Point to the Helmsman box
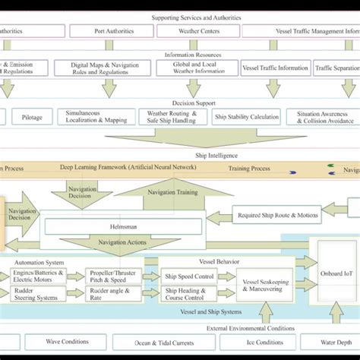pos(122,226)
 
